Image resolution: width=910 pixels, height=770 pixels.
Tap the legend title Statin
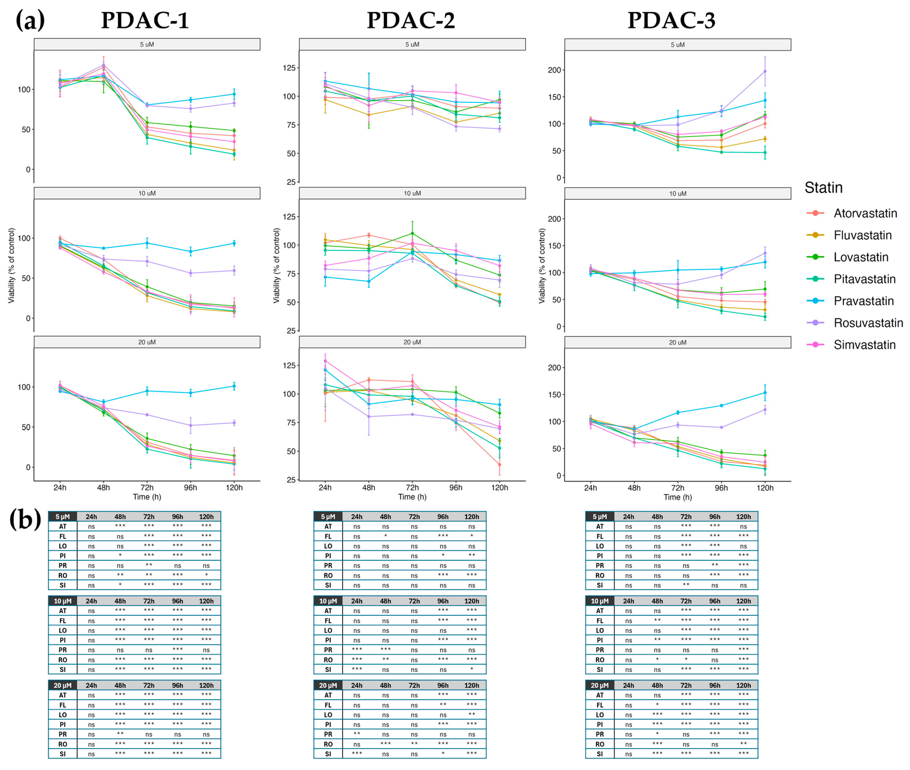pos(823,188)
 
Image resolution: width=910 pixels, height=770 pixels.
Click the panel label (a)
pos(30,20)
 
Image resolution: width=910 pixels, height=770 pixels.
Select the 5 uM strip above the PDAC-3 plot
pos(678,44)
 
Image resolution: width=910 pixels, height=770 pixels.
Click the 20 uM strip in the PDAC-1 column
pos(147,342)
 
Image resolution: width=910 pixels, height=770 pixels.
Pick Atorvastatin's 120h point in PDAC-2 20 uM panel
pos(499,465)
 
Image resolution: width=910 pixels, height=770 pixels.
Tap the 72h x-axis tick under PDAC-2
pos(412,488)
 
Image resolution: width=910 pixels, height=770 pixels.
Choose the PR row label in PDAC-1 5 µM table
pos(63,566)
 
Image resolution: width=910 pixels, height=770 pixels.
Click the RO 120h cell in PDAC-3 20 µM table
pos(743,744)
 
